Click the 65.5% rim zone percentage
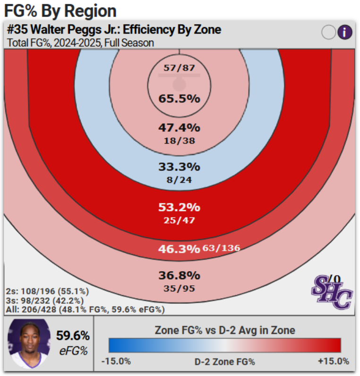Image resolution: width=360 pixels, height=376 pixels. pos(179,99)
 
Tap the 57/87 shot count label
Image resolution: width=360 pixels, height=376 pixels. pos(179,68)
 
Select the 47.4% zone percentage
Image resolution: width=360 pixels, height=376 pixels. pos(179,128)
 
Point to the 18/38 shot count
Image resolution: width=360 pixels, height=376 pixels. pos(179,140)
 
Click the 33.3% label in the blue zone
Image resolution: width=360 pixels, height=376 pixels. pos(179,167)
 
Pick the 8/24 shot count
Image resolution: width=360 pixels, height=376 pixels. pos(179,179)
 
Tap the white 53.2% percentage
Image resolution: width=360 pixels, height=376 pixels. pos(179,207)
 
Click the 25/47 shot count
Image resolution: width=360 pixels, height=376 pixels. pos(179,220)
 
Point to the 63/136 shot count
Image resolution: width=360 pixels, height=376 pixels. pos(221,248)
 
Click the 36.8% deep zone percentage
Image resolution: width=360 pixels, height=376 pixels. pos(179,275)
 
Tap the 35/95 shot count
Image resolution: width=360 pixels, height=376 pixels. pos(179,288)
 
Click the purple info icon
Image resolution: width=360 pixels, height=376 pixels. pos(345,32)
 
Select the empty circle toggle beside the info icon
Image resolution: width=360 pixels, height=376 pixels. pos(328,32)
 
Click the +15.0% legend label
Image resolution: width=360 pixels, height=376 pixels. pos(334,361)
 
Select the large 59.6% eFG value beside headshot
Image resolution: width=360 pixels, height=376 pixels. pos(73,336)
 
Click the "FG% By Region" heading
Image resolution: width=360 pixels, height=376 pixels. pos(60,10)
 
